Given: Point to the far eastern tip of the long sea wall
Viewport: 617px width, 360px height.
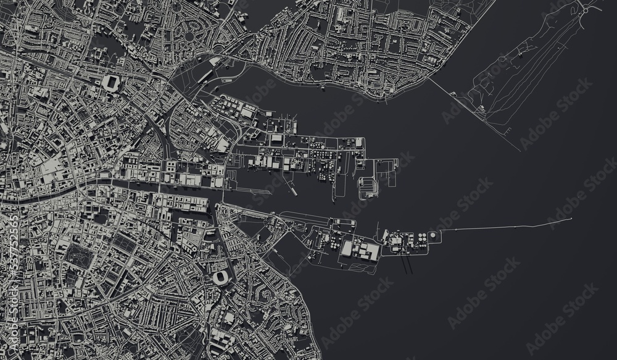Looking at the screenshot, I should pos(572,219).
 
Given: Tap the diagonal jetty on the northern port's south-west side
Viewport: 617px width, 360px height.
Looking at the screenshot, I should pos(290,179).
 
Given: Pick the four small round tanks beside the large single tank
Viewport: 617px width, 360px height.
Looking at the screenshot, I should pos(423,237).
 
